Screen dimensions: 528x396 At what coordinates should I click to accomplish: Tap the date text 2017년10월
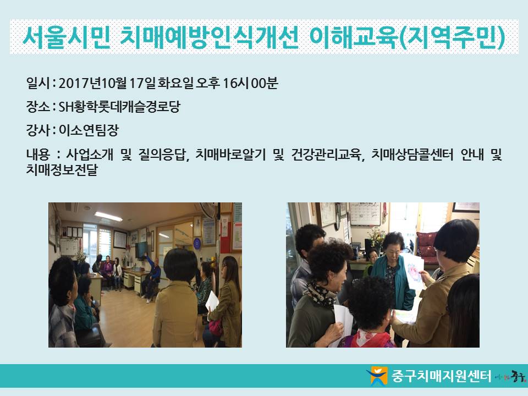click(92, 83)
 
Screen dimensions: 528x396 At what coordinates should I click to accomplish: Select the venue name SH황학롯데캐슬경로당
click(119, 107)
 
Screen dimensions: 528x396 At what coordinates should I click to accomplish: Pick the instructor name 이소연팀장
click(89, 130)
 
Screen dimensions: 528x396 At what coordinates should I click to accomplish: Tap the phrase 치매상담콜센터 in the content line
click(413, 155)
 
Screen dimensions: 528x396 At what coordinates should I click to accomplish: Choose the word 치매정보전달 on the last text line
click(62, 169)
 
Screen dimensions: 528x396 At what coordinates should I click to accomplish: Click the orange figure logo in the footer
click(377, 376)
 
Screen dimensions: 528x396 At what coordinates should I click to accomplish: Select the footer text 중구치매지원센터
click(441, 376)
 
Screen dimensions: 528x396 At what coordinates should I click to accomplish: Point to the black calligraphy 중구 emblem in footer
click(518, 376)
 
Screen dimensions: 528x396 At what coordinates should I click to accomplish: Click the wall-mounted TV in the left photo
click(141, 250)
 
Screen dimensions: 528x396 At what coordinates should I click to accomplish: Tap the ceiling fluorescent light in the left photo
click(108, 216)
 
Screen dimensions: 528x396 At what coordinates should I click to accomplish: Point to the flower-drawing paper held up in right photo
click(414, 271)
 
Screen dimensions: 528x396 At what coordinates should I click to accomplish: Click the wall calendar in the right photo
click(365, 213)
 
